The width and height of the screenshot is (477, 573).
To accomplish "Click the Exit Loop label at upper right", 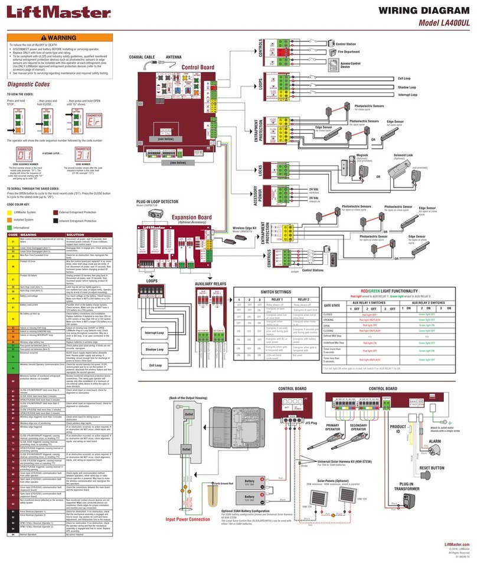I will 407,78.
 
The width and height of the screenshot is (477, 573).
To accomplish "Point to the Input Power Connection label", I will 187,519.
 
